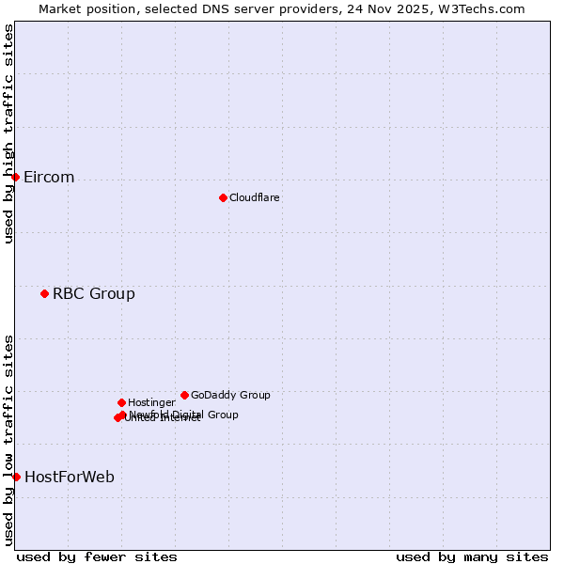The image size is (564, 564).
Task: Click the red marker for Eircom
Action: [15, 177]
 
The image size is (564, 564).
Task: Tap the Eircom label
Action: [49, 178]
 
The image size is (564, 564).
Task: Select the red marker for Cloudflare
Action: [223, 197]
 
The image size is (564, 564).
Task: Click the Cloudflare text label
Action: [254, 198]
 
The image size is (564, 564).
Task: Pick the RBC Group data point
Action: [44, 293]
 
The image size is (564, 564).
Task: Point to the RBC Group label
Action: [93, 294]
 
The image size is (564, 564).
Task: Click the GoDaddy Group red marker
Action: [184, 395]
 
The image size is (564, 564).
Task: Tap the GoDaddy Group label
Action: [230, 396]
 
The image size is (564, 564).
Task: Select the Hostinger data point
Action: [121, 402]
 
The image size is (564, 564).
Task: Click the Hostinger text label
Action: [151, 403]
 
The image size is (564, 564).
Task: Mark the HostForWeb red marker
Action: [16, 477]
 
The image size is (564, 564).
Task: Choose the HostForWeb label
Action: [69, 478]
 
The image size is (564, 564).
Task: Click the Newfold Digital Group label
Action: [185, 414]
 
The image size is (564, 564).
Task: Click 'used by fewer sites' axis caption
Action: [97, 557]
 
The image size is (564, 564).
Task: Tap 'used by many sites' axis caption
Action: [472, 557]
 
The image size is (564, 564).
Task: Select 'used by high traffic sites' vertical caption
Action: [9, 133]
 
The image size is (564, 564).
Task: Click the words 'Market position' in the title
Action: [82, 8]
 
